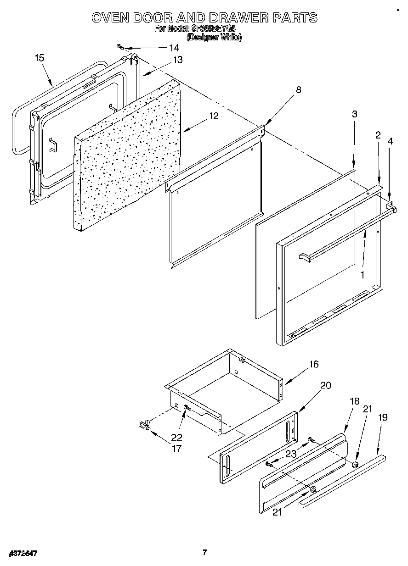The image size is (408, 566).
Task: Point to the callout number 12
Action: coord(214,116)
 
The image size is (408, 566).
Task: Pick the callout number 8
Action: coord(299,90)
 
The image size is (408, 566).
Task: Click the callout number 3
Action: coord(355,114)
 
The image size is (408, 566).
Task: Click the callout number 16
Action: coord(314,364)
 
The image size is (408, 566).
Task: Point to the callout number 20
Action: coord(325,385)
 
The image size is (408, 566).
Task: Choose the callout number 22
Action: coord(176,438)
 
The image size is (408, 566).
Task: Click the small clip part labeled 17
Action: coord(145,425)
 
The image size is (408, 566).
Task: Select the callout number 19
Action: coord(383,417)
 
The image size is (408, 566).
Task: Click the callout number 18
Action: coord(355,401)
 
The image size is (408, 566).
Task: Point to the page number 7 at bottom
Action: coord(205,552)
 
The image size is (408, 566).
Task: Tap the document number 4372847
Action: coord(23,554)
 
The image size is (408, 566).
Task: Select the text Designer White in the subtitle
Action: coord(214,38)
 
